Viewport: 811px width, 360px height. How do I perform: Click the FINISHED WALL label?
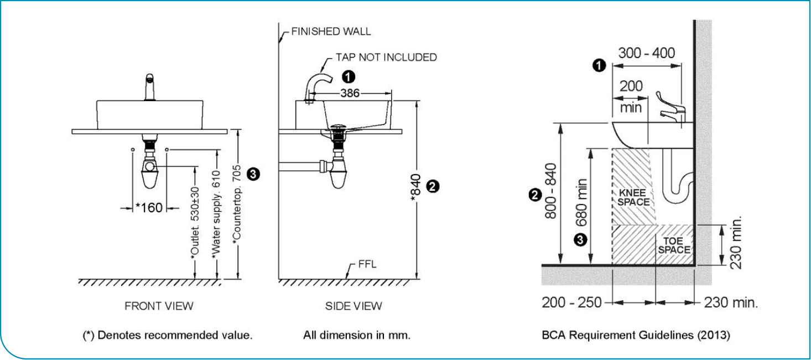click(331, 32)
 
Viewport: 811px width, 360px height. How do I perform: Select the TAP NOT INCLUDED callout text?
click(386, 57)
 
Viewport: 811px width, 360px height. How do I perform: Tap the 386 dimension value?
click(349, 94)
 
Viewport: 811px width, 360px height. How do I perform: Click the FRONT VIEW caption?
click(159, 306)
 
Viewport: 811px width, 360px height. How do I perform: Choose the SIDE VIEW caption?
click(354, 306)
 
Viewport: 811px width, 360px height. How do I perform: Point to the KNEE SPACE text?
click(633, 197)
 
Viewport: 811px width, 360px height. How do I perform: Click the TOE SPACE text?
click(674, 245)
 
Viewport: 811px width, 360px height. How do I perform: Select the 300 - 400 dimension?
click(646, 53)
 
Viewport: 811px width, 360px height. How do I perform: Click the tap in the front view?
click(148, 87)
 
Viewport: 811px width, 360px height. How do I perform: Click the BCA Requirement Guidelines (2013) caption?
click(636, 335)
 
